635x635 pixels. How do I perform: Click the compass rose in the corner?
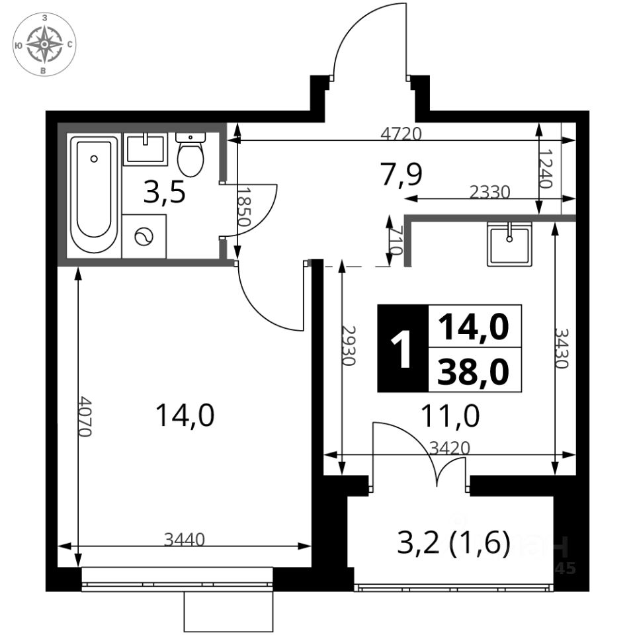click(44, 44)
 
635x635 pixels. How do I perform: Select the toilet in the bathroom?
click(190, 154)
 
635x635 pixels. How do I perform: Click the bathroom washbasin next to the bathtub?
click(146, 149)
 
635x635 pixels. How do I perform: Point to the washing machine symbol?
click(144, 237)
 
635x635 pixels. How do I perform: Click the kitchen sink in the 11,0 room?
click(509, 244)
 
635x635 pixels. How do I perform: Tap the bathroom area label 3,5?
click(165, 192)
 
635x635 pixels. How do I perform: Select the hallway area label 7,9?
click(402, 175)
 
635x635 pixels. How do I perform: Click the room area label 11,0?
click(450, 416)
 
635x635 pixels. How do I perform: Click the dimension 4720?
click(402, 133)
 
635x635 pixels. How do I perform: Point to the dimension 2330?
click(489, 192)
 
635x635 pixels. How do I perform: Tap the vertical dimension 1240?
click(546, 169)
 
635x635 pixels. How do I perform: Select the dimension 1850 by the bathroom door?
click(244, 206)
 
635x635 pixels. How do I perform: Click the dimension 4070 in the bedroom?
click(85, 416)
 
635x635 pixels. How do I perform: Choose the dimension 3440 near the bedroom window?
click(185, 540)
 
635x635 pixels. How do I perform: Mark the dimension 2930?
click(349, 345)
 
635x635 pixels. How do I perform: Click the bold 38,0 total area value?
click(472, 372)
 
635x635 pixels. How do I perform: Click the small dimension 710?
click(396, 241)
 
